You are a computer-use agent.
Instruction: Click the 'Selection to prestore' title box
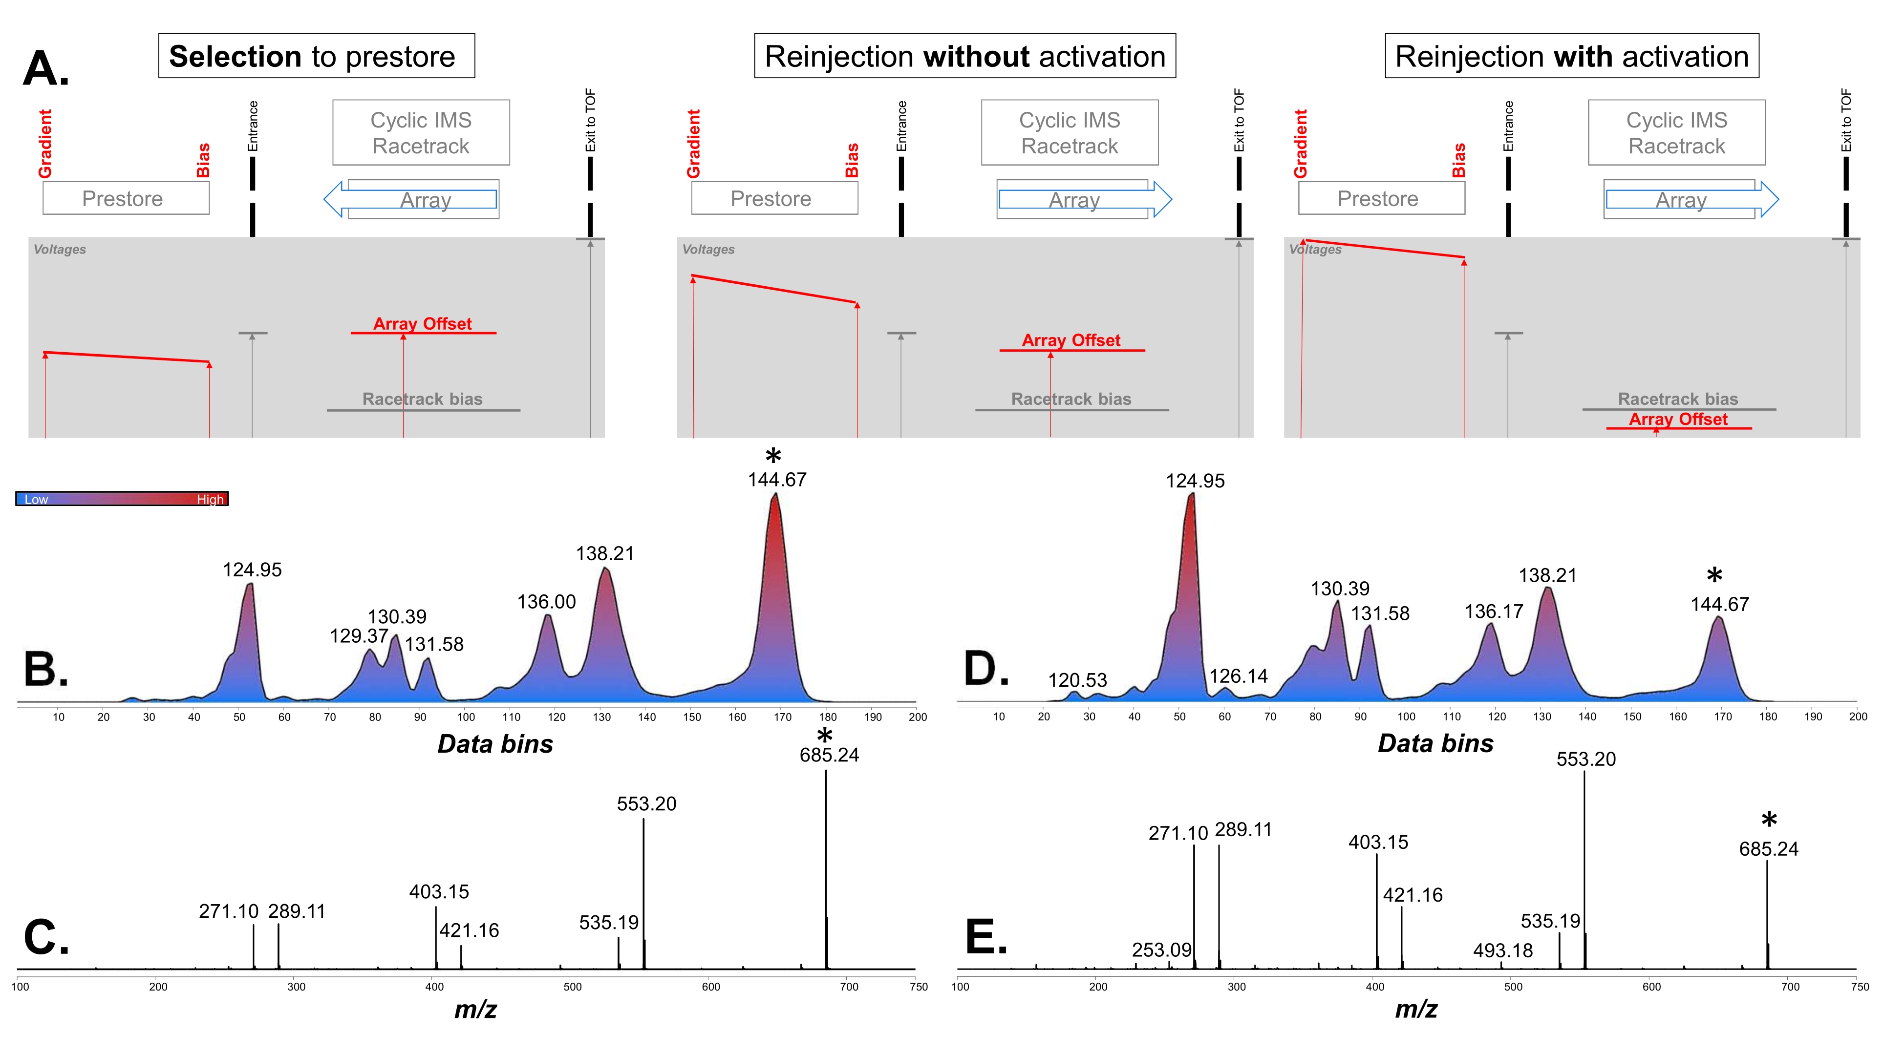[x=316, y=56]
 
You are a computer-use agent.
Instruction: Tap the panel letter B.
[x=45, y=669]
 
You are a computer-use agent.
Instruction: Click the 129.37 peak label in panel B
[x=358, y=636]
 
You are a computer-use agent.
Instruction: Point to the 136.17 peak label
[x=1494, y=611]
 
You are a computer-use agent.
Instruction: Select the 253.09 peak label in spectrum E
[x=1161, y=949]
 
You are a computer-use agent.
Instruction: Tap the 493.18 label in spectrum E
[x=1502, y=950]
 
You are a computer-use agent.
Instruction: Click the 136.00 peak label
[x=546, y=602]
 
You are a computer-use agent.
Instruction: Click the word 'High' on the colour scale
[x=210, y=499]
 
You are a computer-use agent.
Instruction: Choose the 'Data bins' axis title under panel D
[x=1435, y=743]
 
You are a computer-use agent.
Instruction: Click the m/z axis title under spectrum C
[x=475, y=1010]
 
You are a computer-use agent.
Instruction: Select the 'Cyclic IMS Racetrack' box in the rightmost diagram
[x=1676, y=132]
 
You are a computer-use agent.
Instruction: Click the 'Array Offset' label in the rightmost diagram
[x=1678, y=419]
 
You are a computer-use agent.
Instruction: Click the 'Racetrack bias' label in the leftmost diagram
[x=423, y=399]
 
